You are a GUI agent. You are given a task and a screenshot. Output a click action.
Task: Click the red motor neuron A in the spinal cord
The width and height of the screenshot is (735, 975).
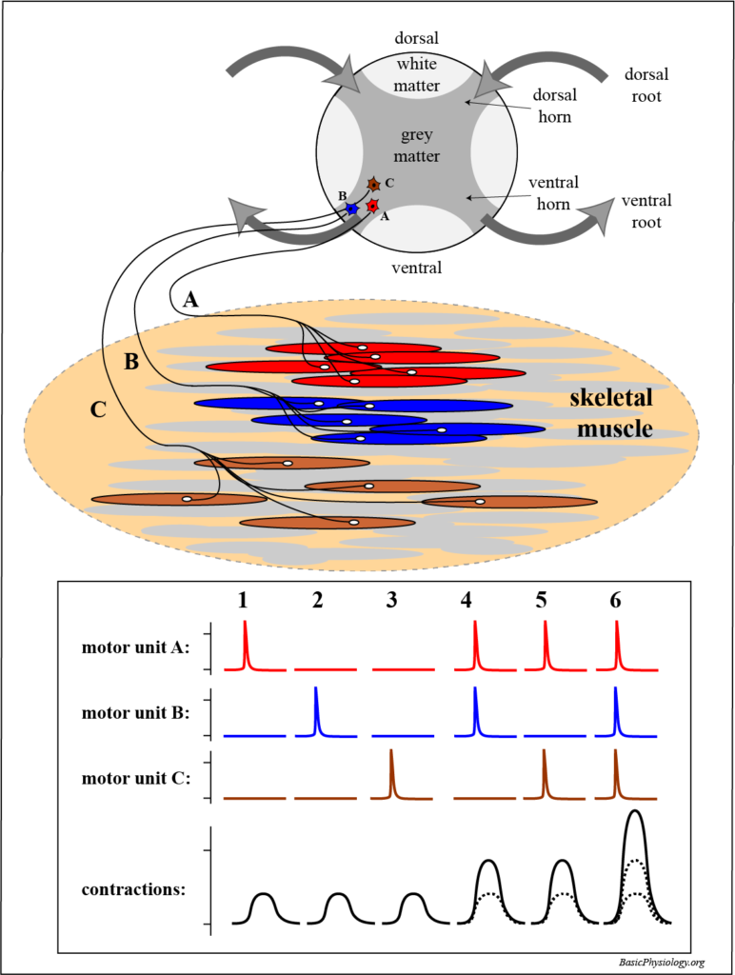pos(373,206)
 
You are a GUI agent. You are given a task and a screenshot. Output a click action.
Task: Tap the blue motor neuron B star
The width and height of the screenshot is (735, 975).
pos(352,208)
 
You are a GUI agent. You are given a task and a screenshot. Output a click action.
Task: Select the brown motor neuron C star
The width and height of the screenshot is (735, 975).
pos(374,184)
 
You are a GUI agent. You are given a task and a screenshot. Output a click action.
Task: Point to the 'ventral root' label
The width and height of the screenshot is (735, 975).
pos(646,211)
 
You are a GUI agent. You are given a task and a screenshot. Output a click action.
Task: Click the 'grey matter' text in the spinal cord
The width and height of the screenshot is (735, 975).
pos(417,145)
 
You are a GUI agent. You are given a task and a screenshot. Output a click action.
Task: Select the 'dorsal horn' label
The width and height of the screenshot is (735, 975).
pos(552,107)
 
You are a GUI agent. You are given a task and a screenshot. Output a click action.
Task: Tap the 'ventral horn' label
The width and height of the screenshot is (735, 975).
pos(552,192)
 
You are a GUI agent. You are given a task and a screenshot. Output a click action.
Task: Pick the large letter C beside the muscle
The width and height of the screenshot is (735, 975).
pos(98,411)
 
